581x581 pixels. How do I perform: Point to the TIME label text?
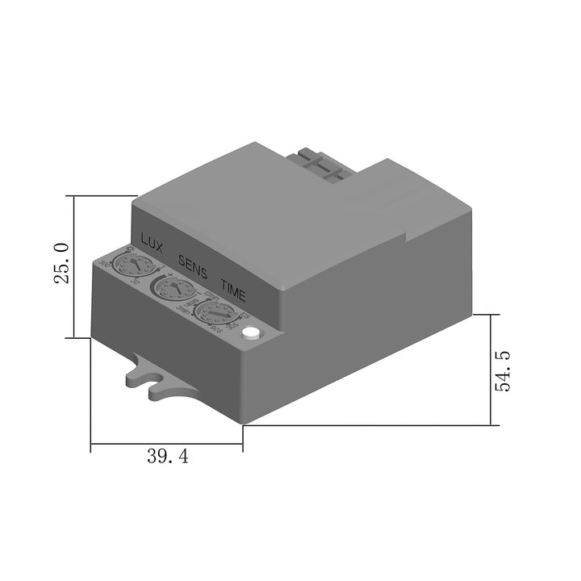(233, 289)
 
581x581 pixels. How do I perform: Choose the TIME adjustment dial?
(215, 313)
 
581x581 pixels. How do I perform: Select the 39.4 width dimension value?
(168, 456)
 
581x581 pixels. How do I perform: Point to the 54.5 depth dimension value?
(504, 370)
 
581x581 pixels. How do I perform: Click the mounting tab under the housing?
(149, 378)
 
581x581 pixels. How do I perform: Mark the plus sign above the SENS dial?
(170, 274)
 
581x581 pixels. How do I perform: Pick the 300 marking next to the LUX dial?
(103, 264)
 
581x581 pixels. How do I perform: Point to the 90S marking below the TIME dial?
(215, 331)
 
